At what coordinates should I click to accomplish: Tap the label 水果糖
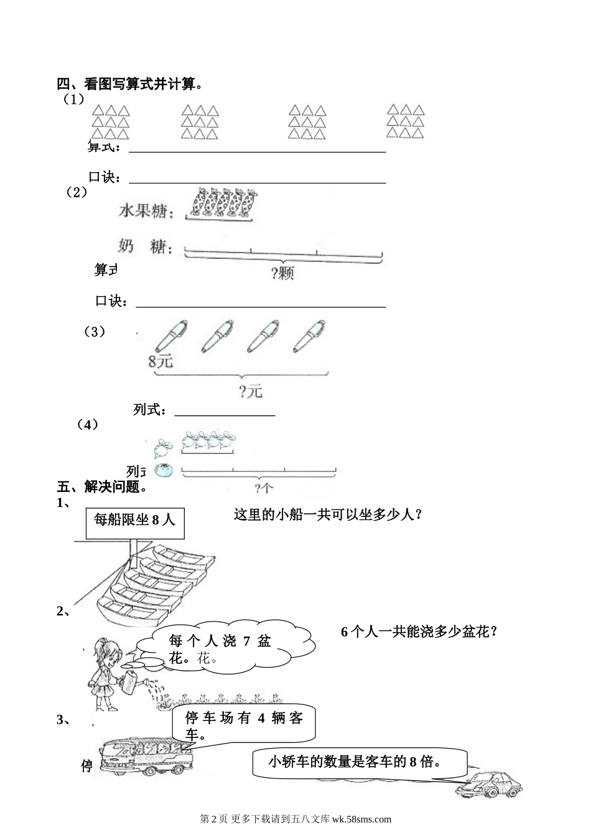(144, 212)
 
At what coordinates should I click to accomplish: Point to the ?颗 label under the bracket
(282, 273)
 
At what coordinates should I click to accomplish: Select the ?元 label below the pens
(250, 391)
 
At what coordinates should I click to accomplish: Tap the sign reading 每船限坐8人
(134, 519)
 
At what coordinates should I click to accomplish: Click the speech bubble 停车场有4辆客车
(244, 726)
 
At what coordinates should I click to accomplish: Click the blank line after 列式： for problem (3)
(225, 411)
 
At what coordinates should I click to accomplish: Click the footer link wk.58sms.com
(361, 820)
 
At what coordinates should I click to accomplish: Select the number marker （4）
(88, 425)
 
